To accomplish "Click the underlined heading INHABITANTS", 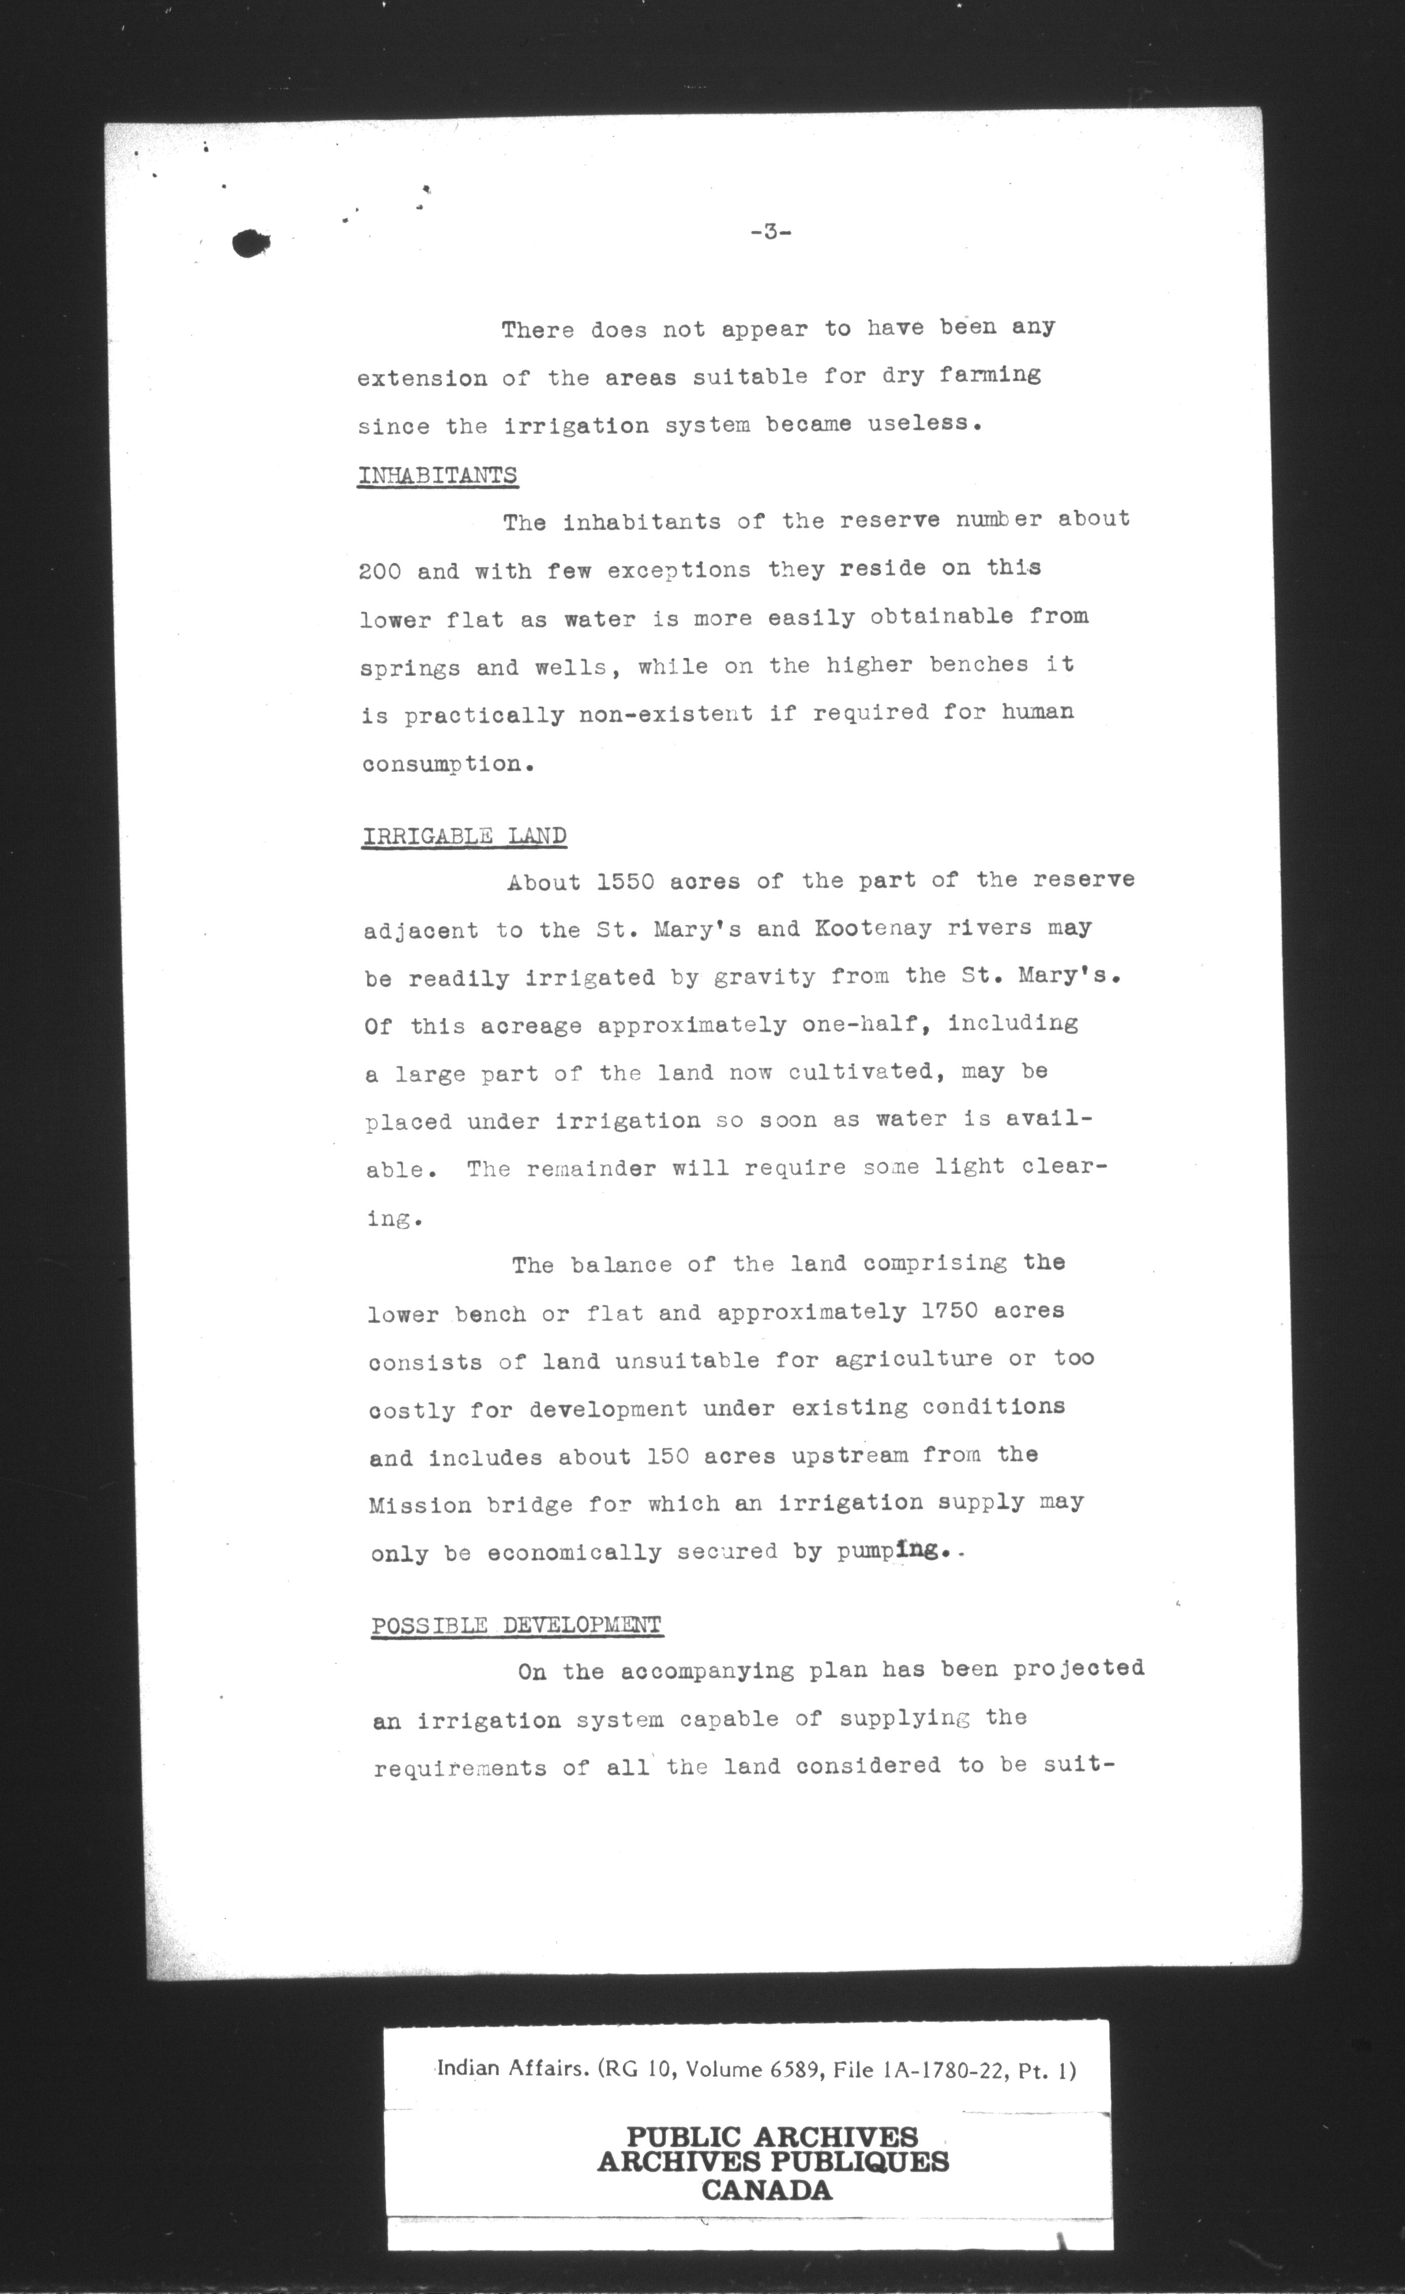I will [x=438, y=475].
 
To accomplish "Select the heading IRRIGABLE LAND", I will [x=463, y=834].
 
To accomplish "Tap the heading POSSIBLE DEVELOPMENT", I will [x=517, y=1626].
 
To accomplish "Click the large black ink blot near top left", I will [x=250, y=243].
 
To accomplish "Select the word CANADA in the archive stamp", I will [x=766, y=2190].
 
